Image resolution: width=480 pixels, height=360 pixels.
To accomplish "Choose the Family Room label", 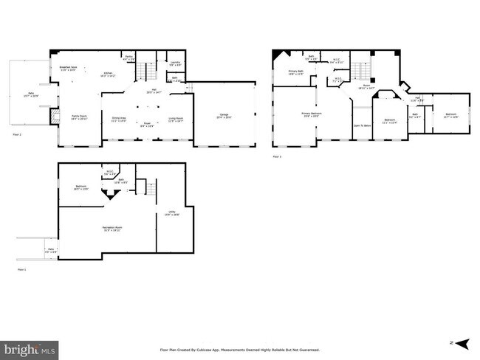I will [x=77, y=117].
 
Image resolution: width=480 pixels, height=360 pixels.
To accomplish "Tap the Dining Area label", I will [x=118, y=119].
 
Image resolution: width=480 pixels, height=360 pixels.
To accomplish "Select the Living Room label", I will [x=176, y=119].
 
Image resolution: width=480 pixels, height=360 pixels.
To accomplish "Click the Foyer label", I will [x=147, y=124].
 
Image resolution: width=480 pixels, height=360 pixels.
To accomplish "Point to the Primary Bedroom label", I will [x=310, y=114].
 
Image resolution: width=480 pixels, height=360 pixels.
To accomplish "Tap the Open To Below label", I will [x=362, y=125].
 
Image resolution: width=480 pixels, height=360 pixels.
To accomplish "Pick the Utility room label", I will [x=171, y=213].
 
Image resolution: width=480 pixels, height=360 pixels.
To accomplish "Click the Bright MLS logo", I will [x=30, y=347].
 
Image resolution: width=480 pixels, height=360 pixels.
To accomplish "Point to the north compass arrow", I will [x=462, y=344].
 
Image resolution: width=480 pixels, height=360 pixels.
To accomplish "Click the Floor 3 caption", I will [x=277, y=156].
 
